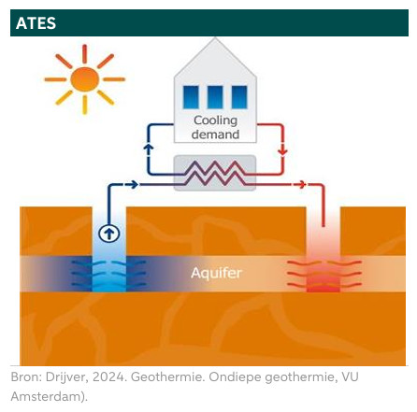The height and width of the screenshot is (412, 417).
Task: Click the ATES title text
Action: tap(36, 23)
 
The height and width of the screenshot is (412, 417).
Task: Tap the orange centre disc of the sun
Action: tap(84, 79)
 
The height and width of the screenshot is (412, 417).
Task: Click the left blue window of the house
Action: tap(191, 97)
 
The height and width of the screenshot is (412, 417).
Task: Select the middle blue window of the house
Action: tap(215, 97)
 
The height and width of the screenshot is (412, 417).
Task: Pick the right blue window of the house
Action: tap(239, 97)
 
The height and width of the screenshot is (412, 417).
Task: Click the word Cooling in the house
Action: tap(216, 121)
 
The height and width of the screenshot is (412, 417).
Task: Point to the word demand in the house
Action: tap(215, 135)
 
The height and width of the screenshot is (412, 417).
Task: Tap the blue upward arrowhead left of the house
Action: tap(149, 147)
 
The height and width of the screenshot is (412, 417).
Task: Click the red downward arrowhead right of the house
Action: tap(282, 151)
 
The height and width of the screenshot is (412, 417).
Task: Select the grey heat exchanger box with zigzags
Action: tap(215, 173)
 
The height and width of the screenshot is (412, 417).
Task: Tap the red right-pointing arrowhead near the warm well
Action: tap(302, 184)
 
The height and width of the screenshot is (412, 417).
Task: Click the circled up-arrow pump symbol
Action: tap(108, 234)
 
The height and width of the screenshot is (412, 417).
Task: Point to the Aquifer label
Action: tap(216, 273)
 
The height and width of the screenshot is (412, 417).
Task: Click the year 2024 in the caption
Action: tap(109, 377)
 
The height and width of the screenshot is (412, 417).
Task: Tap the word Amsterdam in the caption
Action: tap(47, 397)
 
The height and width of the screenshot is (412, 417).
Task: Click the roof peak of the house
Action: tap(215, 38)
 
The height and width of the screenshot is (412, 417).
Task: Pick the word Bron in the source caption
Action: tap(24, 377)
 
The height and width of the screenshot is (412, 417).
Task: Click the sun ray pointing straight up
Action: tap(84, 54)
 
